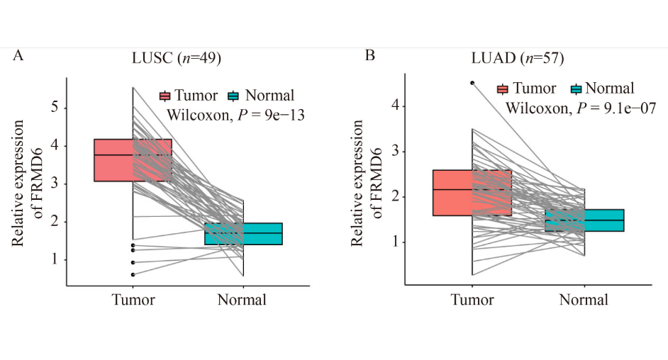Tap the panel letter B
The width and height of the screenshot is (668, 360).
pyautogui.click(x=369, y=55)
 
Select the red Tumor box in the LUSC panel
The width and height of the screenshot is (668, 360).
pyautogui.click(x=113, y=160)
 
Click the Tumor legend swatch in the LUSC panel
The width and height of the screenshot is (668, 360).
pyautogui.click(x=165, y=96)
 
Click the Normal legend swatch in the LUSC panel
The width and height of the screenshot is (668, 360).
pyautogui.click(x=235, y=96)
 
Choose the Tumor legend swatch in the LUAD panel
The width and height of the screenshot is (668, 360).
pyautogui.click(x=503, y=89)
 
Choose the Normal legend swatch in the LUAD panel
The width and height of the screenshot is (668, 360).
pyautogui.click(x=575, y=89)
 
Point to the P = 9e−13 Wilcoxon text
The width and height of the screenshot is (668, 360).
pyautogui.click(x=235, y=115)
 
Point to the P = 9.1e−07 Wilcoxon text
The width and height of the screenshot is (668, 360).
pyautogui.click(x=580, y=108)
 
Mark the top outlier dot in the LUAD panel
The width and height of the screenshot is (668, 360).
pyautogui.click(x=472, y=83)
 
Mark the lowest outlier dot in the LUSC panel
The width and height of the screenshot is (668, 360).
pyautogui.click(x=133, y=274)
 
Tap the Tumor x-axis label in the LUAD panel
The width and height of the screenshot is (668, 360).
pyautogui.click(x=472, y=300)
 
